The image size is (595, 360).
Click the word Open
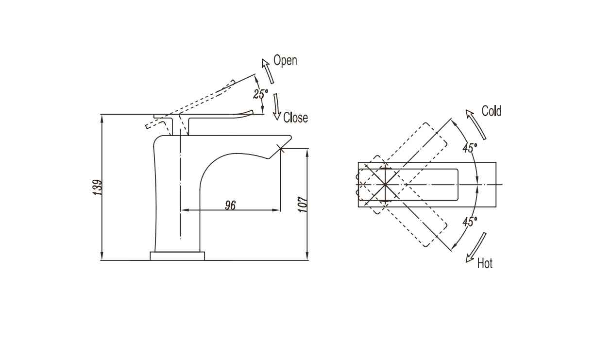(285, 61)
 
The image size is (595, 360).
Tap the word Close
(295, 118)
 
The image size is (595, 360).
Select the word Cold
(491, 111)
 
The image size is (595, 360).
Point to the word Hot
(485, 264)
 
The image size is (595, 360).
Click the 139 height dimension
(98, 188)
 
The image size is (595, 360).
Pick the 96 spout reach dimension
(230, 205)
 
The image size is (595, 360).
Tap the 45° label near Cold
(470, 148)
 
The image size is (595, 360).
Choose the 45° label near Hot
(470, 222)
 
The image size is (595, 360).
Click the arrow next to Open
(268, 70)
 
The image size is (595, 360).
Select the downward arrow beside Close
(276, 107)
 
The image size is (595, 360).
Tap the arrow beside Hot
(476, 248)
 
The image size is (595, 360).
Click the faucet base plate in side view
(177, 256)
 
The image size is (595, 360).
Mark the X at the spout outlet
(280, 148)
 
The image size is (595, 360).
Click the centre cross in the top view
(385, 185)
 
